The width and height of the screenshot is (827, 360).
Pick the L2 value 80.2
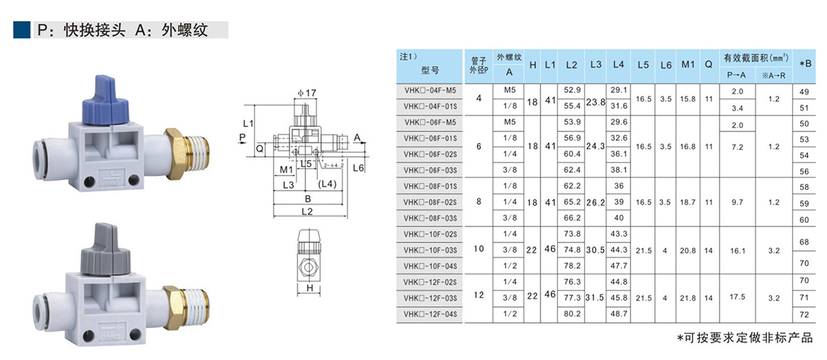click(x=572, y=314)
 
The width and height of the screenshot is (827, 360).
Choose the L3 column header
click(x=596, y=65)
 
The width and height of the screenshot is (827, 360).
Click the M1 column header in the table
click(x=687, y=65)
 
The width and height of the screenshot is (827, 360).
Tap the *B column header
click(x=805, y=65)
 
